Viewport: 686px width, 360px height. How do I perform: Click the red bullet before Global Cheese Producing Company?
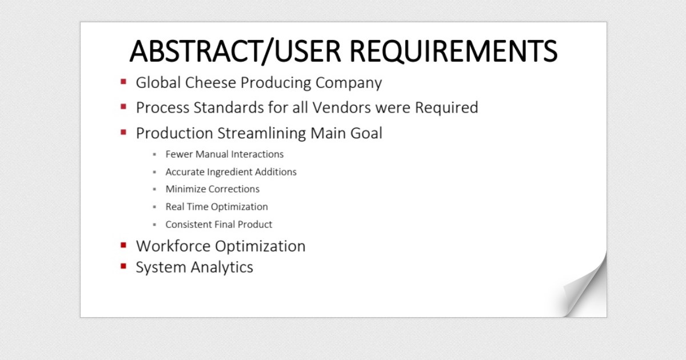point(123,82)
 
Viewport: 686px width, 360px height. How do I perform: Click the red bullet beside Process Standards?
point(123,106)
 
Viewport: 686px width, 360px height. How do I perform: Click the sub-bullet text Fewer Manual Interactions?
point(224,154)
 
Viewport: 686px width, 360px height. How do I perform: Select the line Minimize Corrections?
point(212,189)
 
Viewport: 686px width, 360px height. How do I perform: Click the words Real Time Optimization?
point(216,207)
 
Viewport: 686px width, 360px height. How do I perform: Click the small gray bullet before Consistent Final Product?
point(154,225)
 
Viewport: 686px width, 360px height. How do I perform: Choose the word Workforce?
point(173,246)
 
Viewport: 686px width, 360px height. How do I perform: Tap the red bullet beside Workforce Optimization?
point(123,245)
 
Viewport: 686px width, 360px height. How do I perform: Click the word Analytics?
point(222,267)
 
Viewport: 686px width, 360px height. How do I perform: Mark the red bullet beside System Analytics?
point(123,266)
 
